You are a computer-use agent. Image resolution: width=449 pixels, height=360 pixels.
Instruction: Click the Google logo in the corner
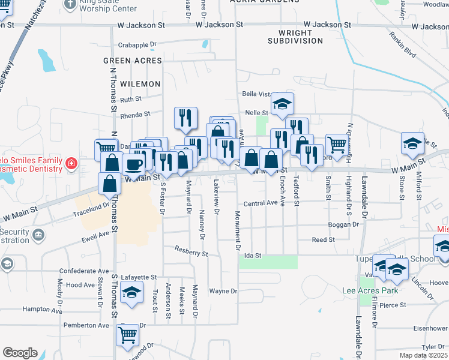tap(20, 353)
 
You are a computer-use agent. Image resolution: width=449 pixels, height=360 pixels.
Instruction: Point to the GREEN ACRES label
tap(132, 61)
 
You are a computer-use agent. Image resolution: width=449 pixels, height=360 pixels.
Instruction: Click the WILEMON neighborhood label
tap(140, 84)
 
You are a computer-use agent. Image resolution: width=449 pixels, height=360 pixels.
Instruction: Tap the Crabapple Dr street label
tap(137, 44)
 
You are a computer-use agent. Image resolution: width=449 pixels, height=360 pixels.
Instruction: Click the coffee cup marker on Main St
tap(133, 163)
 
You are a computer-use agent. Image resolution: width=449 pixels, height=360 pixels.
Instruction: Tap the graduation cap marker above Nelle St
tap(282, 104)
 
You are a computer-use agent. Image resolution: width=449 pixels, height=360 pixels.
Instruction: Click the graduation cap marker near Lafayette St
tap(131, 293)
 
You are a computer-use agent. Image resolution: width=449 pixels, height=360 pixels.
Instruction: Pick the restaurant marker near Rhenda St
tap(185, 117)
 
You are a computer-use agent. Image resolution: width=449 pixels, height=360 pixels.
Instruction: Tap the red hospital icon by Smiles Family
tap(71, 163)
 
